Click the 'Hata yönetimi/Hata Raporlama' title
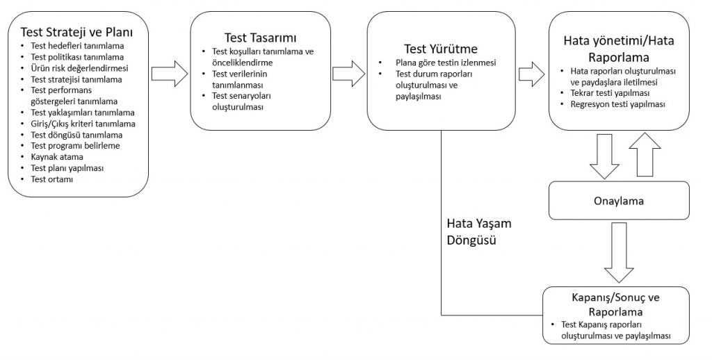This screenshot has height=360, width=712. (x=618, y=49)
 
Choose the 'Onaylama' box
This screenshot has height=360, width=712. (x=619, y=201)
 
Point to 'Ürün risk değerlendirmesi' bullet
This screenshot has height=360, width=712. (x=79, y=68)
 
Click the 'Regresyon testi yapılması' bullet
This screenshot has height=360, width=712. (x=617, y=104)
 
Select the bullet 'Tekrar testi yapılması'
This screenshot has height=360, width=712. (x=610, y=92)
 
